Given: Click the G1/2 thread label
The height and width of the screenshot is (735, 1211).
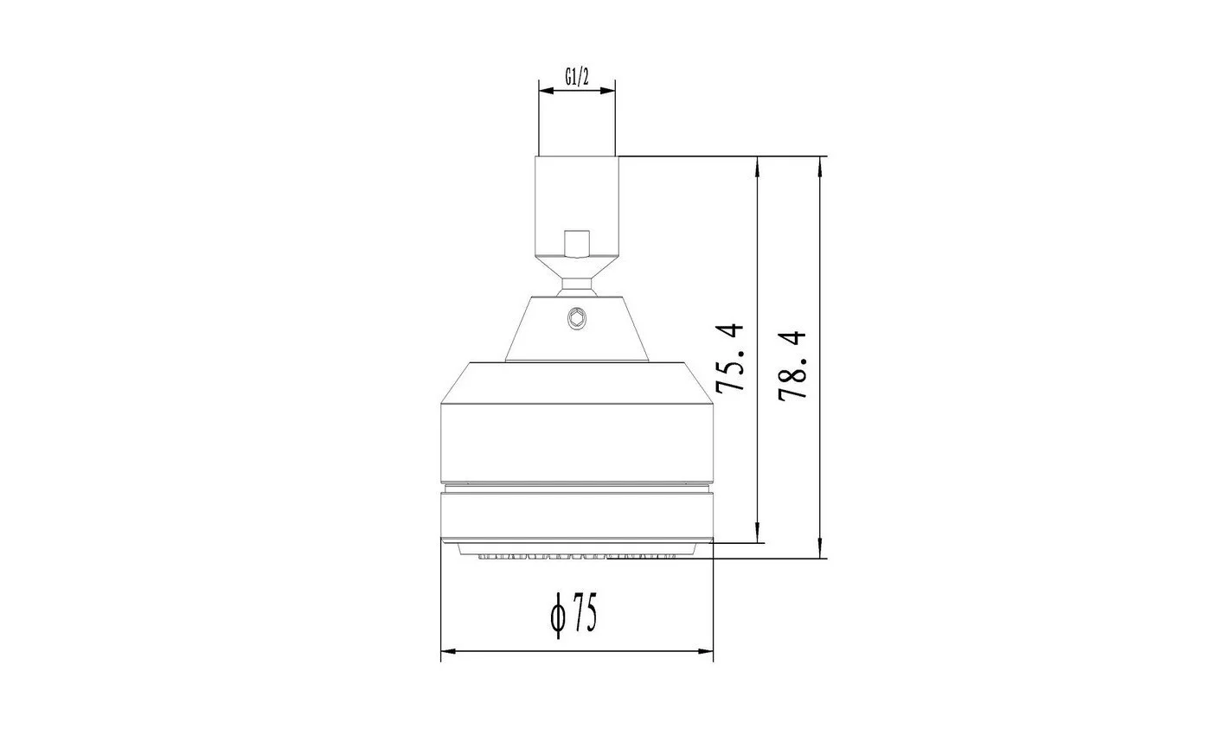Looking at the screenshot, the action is (577, 77).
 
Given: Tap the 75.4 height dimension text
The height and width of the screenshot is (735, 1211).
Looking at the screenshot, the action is (729, 358).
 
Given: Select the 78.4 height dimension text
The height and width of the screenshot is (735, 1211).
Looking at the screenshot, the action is (792, 365).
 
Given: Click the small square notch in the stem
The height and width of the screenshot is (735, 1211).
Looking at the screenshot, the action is (577, 244).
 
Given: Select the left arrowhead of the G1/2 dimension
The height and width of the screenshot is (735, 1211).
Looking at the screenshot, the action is (547, 91).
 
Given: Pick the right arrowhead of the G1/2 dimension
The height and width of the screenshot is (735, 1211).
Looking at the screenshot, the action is (607, 91).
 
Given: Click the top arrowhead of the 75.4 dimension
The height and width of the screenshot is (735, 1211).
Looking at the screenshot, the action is (758, 165).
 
